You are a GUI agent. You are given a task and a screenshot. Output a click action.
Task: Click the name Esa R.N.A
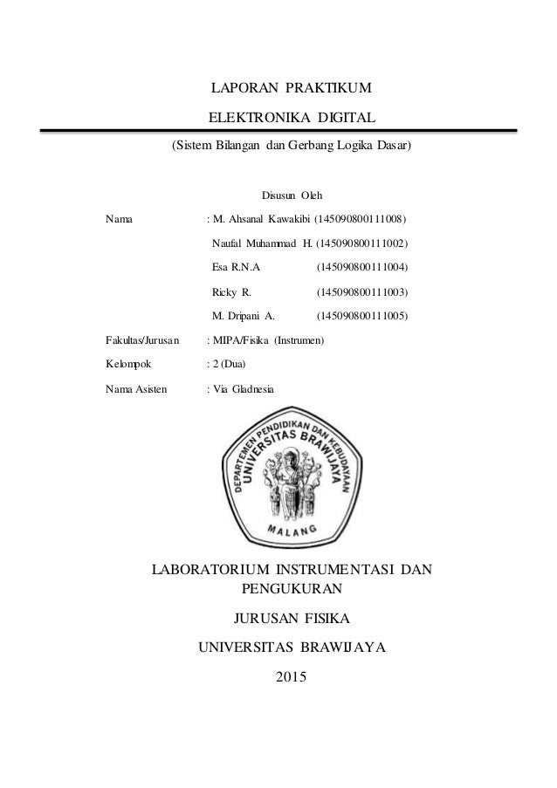point(236,266)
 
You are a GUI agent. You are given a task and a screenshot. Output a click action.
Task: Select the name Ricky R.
point(232,291)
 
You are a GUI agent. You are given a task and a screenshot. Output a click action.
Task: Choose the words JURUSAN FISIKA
point(291,620)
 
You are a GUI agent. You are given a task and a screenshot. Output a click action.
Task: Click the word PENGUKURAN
point(291,589)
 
